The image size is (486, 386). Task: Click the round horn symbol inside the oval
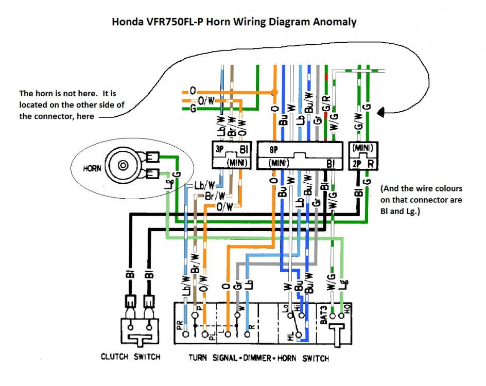123,165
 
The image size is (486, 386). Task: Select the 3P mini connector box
231,155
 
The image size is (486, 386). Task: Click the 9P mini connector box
300,155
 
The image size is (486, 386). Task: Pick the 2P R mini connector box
362,155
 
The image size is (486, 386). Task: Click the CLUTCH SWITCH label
131,357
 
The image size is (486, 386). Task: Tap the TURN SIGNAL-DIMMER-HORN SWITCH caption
258,358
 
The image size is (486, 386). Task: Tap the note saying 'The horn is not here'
72,105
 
